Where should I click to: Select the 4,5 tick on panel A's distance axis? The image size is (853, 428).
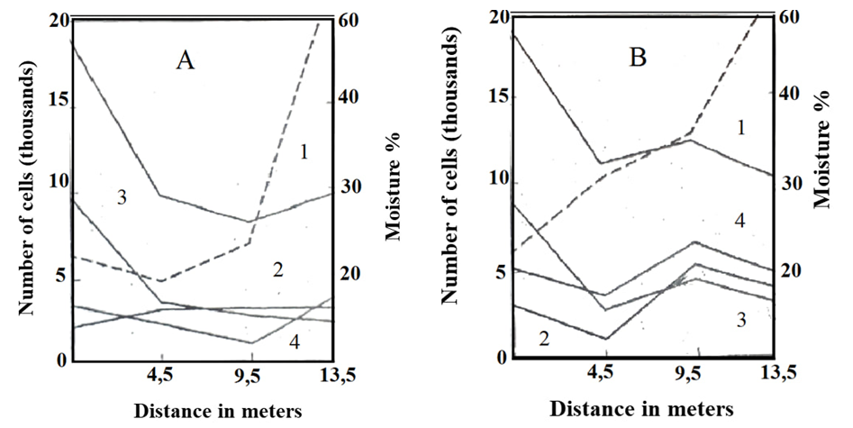(x=161, y=373)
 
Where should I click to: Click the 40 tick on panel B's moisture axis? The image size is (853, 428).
(x=790, y=94)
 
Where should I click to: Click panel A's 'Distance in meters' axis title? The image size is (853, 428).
(x=217, y=408)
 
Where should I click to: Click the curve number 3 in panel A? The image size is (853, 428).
(x=120, y=197)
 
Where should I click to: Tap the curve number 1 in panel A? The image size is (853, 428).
(x=304, y=151)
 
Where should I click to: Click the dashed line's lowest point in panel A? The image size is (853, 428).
(x=160, y=281)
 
